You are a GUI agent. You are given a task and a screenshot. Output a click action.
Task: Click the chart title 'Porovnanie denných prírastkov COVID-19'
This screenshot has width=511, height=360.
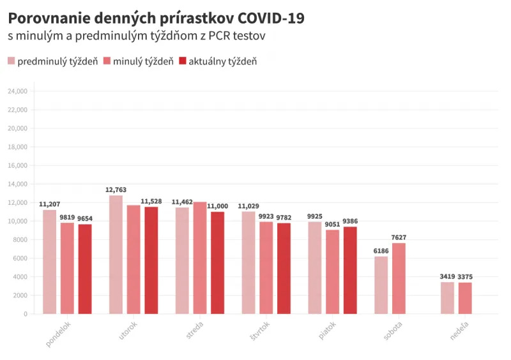(x=156, y=19)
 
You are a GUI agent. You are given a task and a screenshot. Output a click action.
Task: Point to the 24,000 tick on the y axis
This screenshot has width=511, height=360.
(x=17, y=91)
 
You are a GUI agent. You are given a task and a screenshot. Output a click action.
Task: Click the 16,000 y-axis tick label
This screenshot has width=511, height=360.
(x=17, y=165)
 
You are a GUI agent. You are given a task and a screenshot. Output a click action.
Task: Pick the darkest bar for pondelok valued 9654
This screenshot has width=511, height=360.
(x=85, y=269)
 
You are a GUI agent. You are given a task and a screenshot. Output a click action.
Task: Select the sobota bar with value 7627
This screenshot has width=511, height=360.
(x=399, y=278)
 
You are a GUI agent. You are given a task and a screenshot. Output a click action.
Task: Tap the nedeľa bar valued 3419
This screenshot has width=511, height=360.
(x=447, y=297)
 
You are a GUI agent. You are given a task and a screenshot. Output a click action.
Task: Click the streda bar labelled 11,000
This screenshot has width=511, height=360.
(x=217, y=262)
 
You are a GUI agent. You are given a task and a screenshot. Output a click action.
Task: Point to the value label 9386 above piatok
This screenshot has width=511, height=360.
(x=350, y=221)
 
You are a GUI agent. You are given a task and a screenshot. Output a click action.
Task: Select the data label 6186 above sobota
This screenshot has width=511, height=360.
(x=381, y=251)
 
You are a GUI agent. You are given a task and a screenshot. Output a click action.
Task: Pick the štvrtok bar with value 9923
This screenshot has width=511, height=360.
(x=266, y=267)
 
